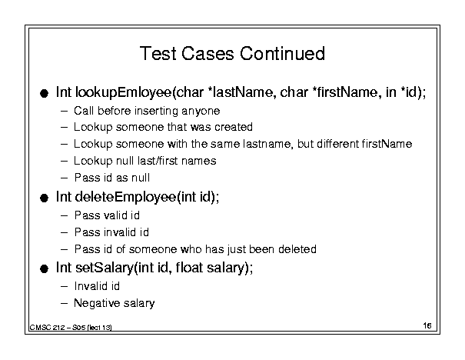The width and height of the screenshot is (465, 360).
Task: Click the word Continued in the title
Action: pos(282,53)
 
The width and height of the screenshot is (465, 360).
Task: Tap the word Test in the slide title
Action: pos(158,53)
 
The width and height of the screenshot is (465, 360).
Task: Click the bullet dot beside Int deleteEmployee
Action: pos(44,198)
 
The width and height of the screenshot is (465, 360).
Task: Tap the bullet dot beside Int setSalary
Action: pos(44,269)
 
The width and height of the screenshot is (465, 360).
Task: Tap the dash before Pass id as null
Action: pos(64,178)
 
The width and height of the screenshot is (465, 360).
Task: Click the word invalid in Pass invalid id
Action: pos(116,232)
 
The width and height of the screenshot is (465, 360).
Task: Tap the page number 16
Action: pos(427,325)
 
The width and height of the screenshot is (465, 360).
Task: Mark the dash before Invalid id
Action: pos(64,286)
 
